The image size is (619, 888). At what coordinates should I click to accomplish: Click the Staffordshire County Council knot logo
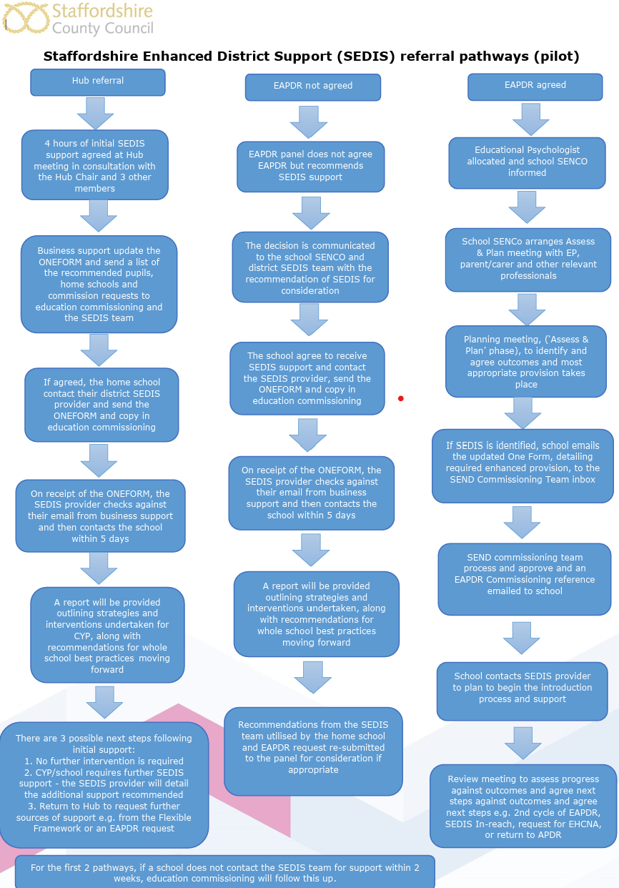click(x=25, y=18)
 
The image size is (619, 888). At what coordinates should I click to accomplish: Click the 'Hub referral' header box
click(x=98, y=82)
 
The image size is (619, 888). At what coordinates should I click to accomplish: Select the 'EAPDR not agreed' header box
click(x=312, y=87)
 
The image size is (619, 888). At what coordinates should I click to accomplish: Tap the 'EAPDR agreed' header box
click(x=535, y=87)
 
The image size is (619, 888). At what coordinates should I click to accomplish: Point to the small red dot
click(x=401, y=398)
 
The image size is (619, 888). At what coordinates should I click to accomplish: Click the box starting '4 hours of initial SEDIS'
click(x=95, y=165)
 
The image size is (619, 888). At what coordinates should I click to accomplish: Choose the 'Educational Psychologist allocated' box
click(x=527, y=163)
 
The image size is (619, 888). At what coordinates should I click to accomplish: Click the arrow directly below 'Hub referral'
click(x=96, y=114)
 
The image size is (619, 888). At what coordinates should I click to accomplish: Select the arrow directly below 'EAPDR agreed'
click(x=531, y=119)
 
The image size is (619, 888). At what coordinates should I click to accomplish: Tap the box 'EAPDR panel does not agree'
click(x=311, y=167)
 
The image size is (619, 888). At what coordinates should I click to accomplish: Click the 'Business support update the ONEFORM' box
click(x=99, y=285)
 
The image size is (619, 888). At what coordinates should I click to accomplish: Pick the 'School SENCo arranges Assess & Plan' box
click(x=528, y=260)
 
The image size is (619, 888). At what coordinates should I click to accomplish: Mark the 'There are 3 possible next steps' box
click(x=104, y=785)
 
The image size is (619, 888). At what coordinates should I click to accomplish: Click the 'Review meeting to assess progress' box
click(x=523, y=806)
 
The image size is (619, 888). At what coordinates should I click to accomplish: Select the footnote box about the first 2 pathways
click(x=224, y=872)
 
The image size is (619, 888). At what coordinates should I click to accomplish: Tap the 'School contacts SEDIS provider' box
click(x=523, y=691)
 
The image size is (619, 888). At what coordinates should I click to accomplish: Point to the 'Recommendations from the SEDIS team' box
click(x=313, y=751)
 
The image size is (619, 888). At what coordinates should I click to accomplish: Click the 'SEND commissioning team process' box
click(x=525, y=579)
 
